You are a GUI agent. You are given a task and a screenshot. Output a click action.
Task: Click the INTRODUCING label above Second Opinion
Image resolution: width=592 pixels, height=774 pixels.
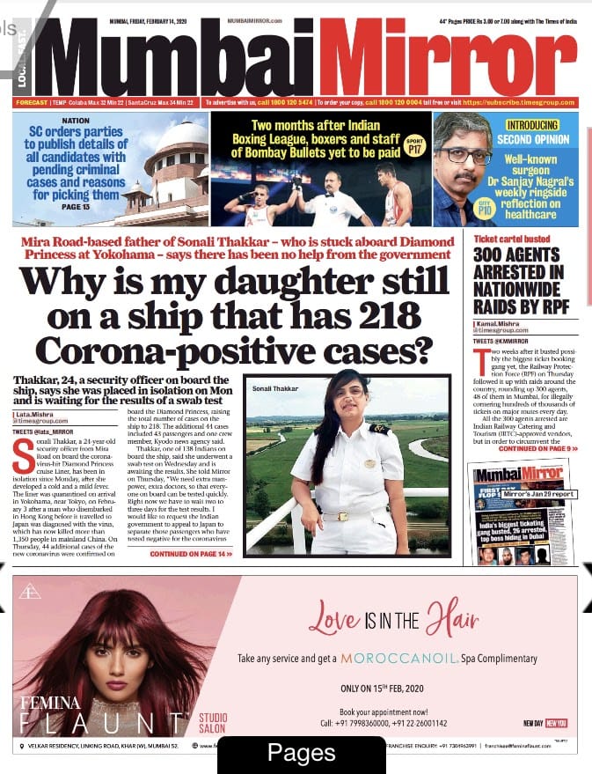click(532, 125)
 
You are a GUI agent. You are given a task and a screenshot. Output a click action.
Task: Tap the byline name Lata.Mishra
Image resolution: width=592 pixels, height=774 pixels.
click(34, 413)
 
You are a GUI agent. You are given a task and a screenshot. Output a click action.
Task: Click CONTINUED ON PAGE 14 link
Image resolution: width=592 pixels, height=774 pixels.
click(191, 554)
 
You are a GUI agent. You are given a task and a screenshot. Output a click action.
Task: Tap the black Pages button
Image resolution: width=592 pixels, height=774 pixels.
click(302, 753)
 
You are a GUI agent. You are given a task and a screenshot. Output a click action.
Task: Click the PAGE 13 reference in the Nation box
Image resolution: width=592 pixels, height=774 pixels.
click(75, 206)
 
